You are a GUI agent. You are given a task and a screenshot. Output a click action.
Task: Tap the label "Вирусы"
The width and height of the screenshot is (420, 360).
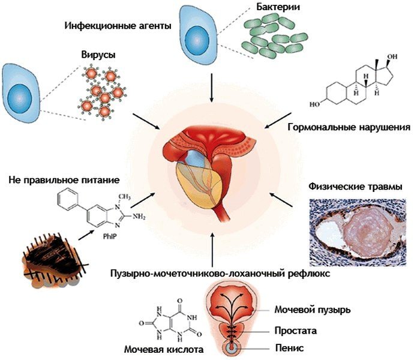click(98, 55)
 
